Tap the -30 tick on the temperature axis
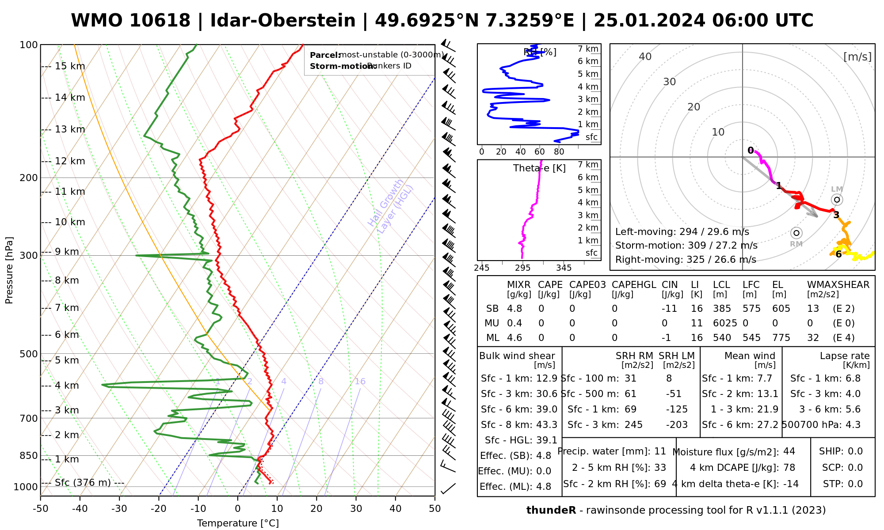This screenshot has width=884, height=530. pyautogui.click(x=119, y=509)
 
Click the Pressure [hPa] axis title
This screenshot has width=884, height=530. pyautogui.click(x=9, y=270)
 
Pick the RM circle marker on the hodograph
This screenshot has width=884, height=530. pyautogui.click(x=796, y=233)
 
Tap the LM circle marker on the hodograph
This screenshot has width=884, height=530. pyautogui.click(x=837, y=200)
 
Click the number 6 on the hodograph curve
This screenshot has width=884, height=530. pyautogui.click(x=838, y=254)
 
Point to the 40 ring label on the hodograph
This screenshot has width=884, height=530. pyautogui.click(x=645, y=57)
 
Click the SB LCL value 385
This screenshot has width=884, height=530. pyautogui.click(x=722, y=309)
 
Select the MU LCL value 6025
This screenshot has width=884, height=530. pyautogui.click(x=725, y=323)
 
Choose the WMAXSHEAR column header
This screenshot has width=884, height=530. pyautogui.click(x=838, y=285)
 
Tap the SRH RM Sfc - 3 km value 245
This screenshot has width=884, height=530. pyautogui.click(x=633, y=425)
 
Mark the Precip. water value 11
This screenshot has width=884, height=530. pyautogui.click(x=660, y=451)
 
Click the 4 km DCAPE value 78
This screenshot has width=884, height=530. pyautogui.click(x=789, y=468)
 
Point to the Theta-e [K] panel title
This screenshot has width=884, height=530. pyautogui.click(x=539, y=168)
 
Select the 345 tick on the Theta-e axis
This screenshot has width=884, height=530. pyautogui.click(x=564, y=268)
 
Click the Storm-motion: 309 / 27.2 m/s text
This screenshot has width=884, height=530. pyautogui.click(x=686, y=246)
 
